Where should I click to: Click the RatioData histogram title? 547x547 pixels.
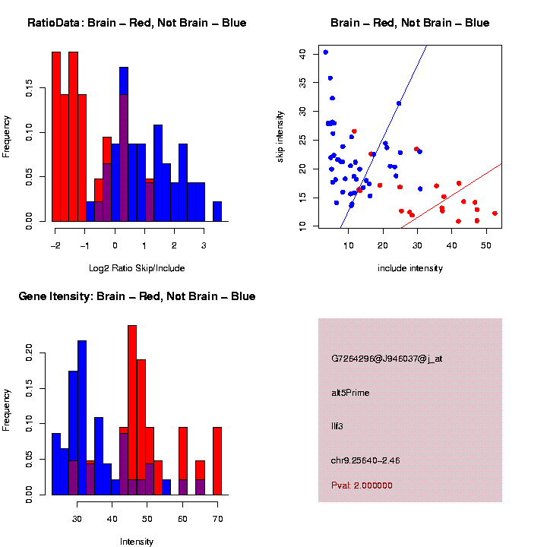[x=137, y=23]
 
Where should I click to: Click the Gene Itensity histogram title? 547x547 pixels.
[x=137, y=296]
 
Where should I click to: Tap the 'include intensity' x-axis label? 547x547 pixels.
[x=410, y=267]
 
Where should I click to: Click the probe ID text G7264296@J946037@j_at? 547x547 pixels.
[x=387, y=359]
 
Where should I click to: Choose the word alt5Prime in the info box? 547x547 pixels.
[x=350, y=393]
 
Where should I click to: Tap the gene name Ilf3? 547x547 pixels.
[x=337, y=426]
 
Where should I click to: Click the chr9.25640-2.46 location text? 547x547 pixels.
[x=365, y=460]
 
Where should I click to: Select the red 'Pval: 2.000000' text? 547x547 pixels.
[x=362, y=485]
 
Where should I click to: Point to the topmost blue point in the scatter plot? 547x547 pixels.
[x=325, y=52]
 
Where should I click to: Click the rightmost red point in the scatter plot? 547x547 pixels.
[x=495, y=213]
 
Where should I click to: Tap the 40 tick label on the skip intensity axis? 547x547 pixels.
[x=302, y=53]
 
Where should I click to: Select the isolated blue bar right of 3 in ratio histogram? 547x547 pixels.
[x=217, y=212]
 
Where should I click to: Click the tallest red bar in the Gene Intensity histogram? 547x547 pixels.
[x=132, y=410]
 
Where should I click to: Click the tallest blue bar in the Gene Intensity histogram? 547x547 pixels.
[x=82, y=418]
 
